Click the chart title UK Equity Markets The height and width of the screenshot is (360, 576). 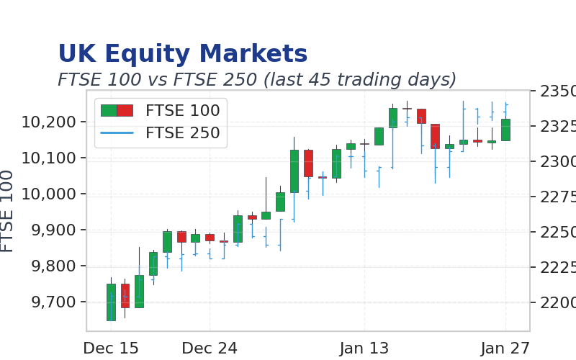point(183,54)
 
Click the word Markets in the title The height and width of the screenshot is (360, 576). point(253,53)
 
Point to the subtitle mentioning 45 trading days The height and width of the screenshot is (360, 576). point(257,80)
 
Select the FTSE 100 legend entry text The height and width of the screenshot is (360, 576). point(183,111)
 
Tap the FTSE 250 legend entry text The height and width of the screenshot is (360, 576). point(183,133)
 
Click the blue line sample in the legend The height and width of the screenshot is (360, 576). point(117,132)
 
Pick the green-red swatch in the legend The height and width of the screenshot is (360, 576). point(117,110)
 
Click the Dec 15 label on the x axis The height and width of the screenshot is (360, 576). point(111,348)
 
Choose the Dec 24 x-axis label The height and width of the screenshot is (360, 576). point(210,348)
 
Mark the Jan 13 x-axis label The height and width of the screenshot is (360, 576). point(364,348)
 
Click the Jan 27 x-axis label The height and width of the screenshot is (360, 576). point(505,348)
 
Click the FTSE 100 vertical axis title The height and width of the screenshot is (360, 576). point(7,211)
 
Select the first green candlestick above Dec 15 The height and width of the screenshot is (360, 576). point(111,302)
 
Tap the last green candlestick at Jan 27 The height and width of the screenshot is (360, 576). point(506,130)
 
